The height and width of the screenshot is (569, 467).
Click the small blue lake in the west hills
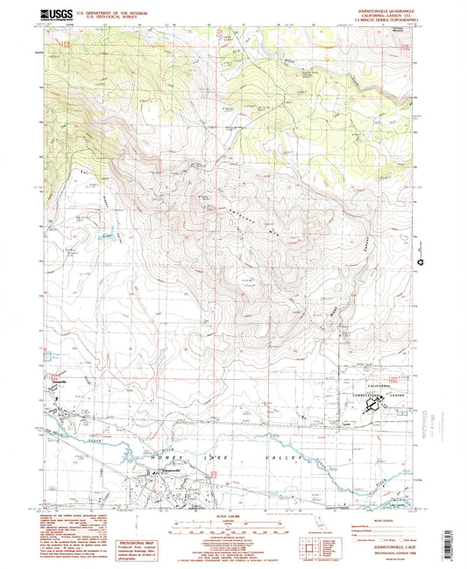(x=109, y=235)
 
